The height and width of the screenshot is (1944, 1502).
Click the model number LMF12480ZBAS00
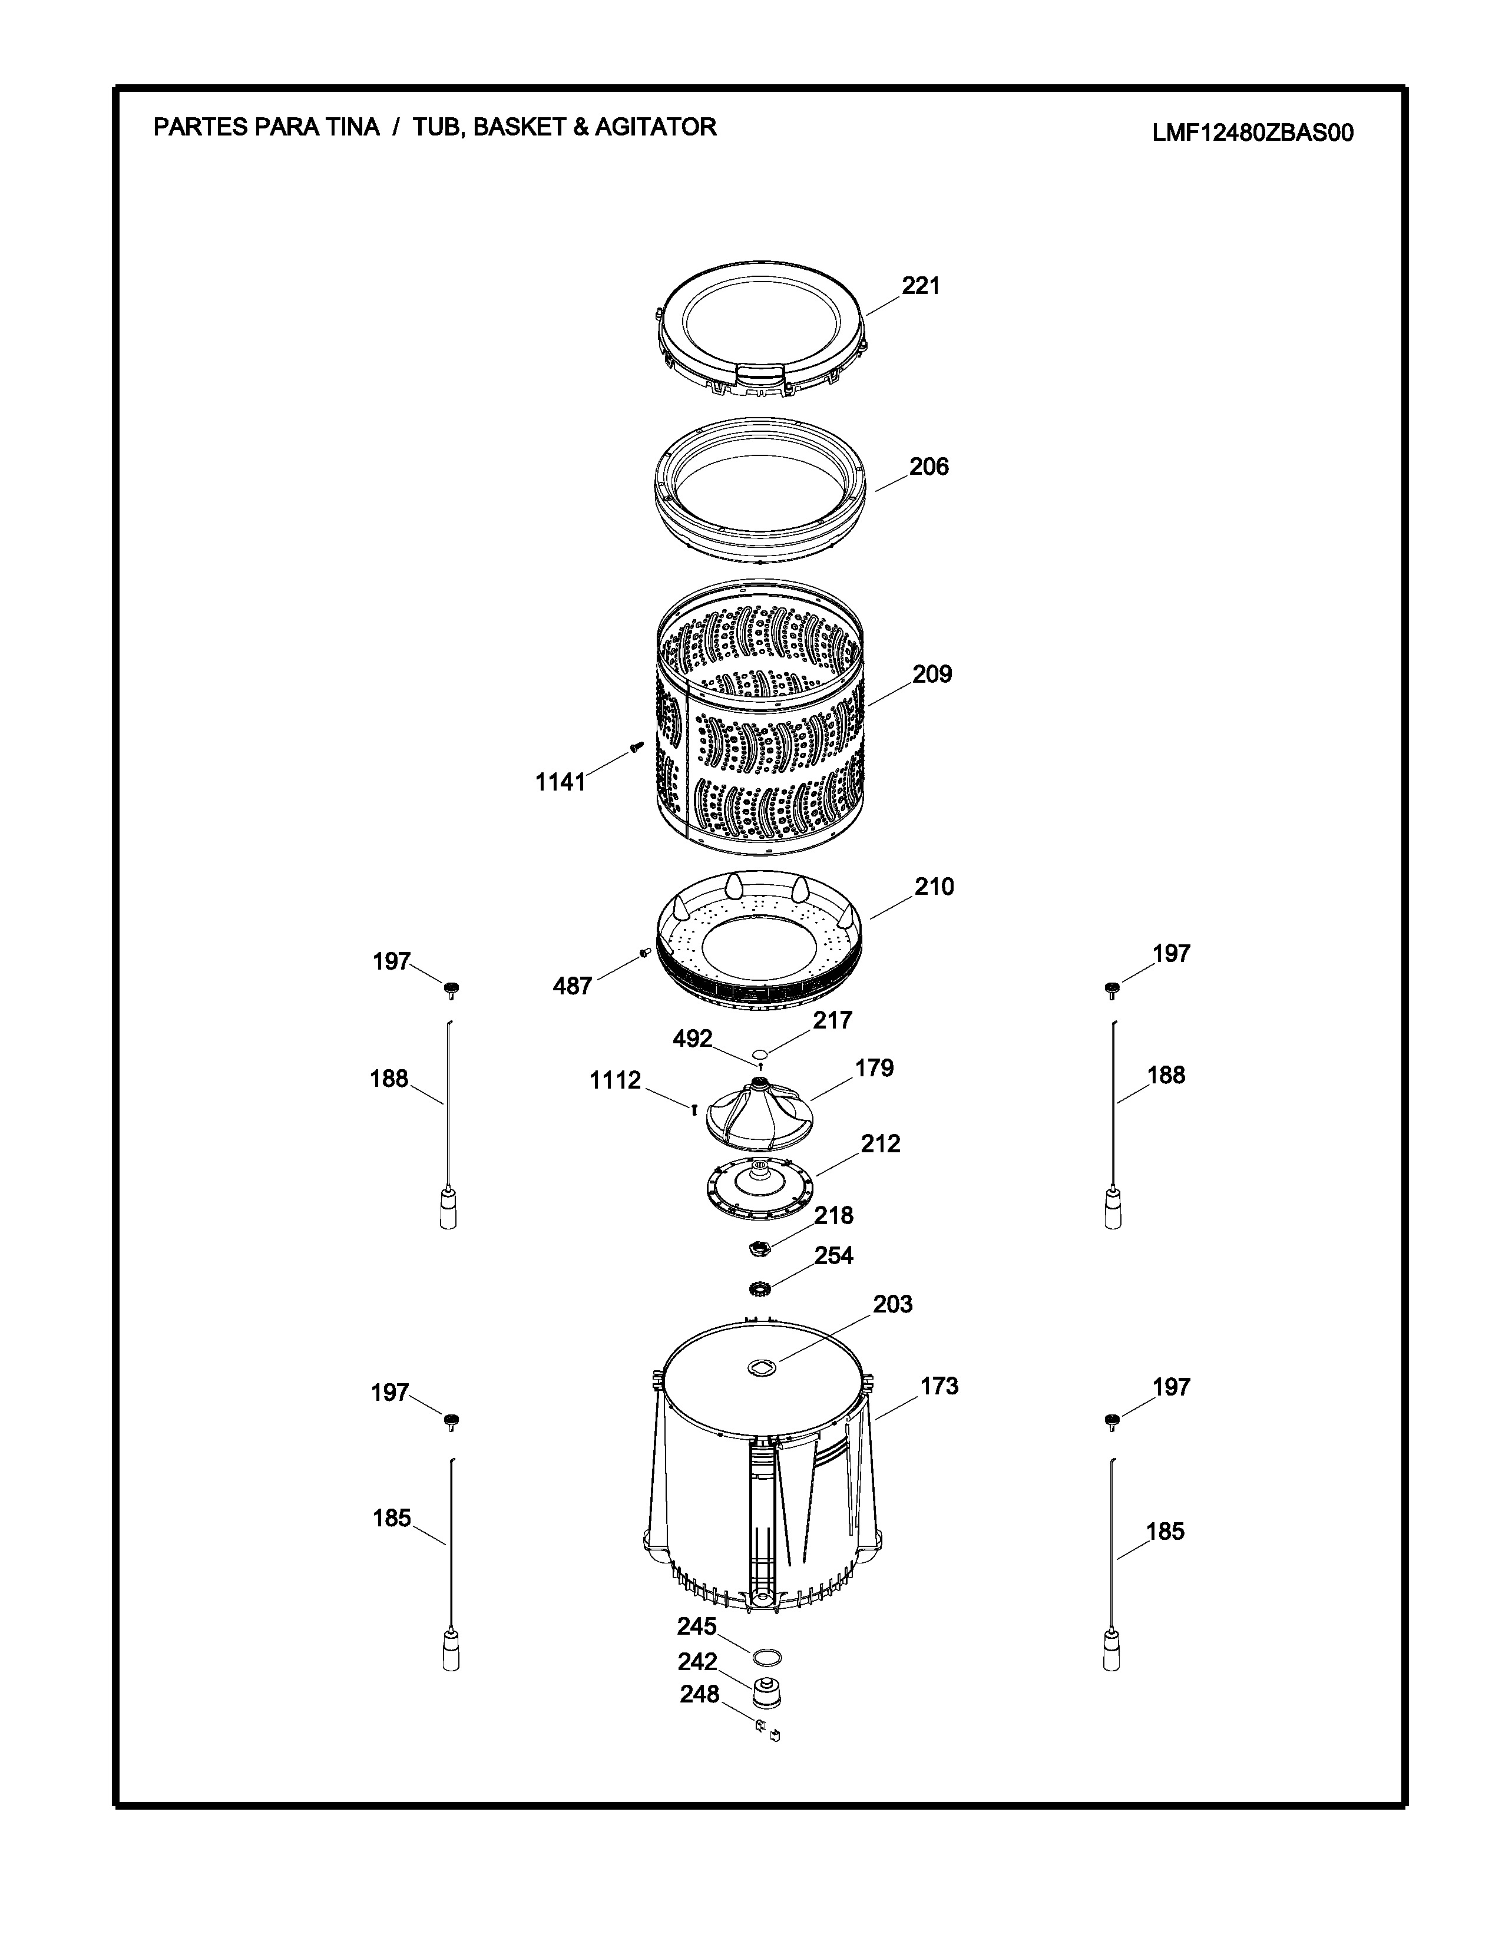[x=1253, y=133]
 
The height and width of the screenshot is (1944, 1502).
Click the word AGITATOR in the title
[x=656, y=127]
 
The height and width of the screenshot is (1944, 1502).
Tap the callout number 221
[x=921, y=286]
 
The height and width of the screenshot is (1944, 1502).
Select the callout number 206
[x=929, y=467]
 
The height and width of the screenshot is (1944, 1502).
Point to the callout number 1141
[x=560, y=782]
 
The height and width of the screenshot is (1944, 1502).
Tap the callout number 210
[x=934, y=887]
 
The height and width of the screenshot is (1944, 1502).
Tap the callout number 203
[x=892, y=1304]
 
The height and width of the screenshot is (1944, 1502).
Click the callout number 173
[x=939, y=1386]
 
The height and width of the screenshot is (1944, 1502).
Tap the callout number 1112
[x=615, y=1080]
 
